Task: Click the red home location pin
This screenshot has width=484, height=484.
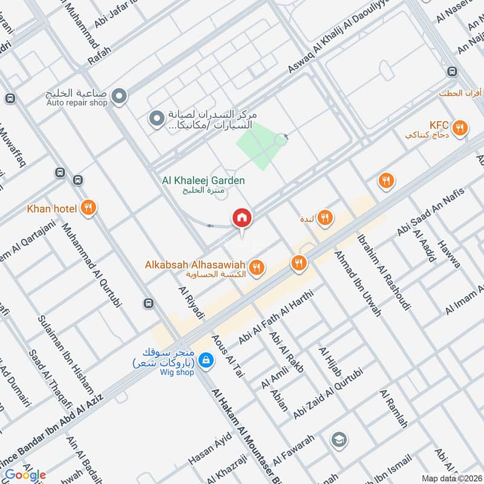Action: (242, 218)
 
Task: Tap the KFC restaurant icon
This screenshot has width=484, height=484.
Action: (460, 128)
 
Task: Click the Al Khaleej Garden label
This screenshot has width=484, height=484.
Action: (203, 180)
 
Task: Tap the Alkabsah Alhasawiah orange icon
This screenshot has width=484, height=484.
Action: (257, 266)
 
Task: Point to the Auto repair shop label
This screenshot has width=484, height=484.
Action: (77, 102)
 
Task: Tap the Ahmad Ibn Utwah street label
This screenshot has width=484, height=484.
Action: (358, 284)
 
